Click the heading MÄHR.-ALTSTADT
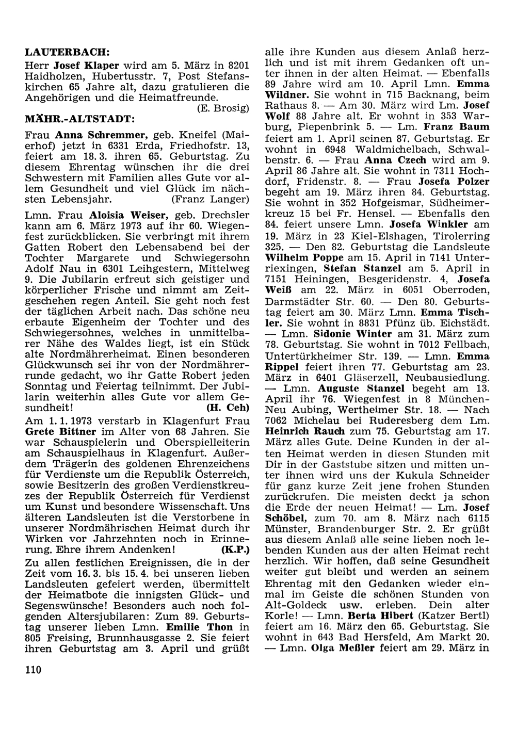[80, 119]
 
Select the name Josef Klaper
[87, 66]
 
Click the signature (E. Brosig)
[223, 108]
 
